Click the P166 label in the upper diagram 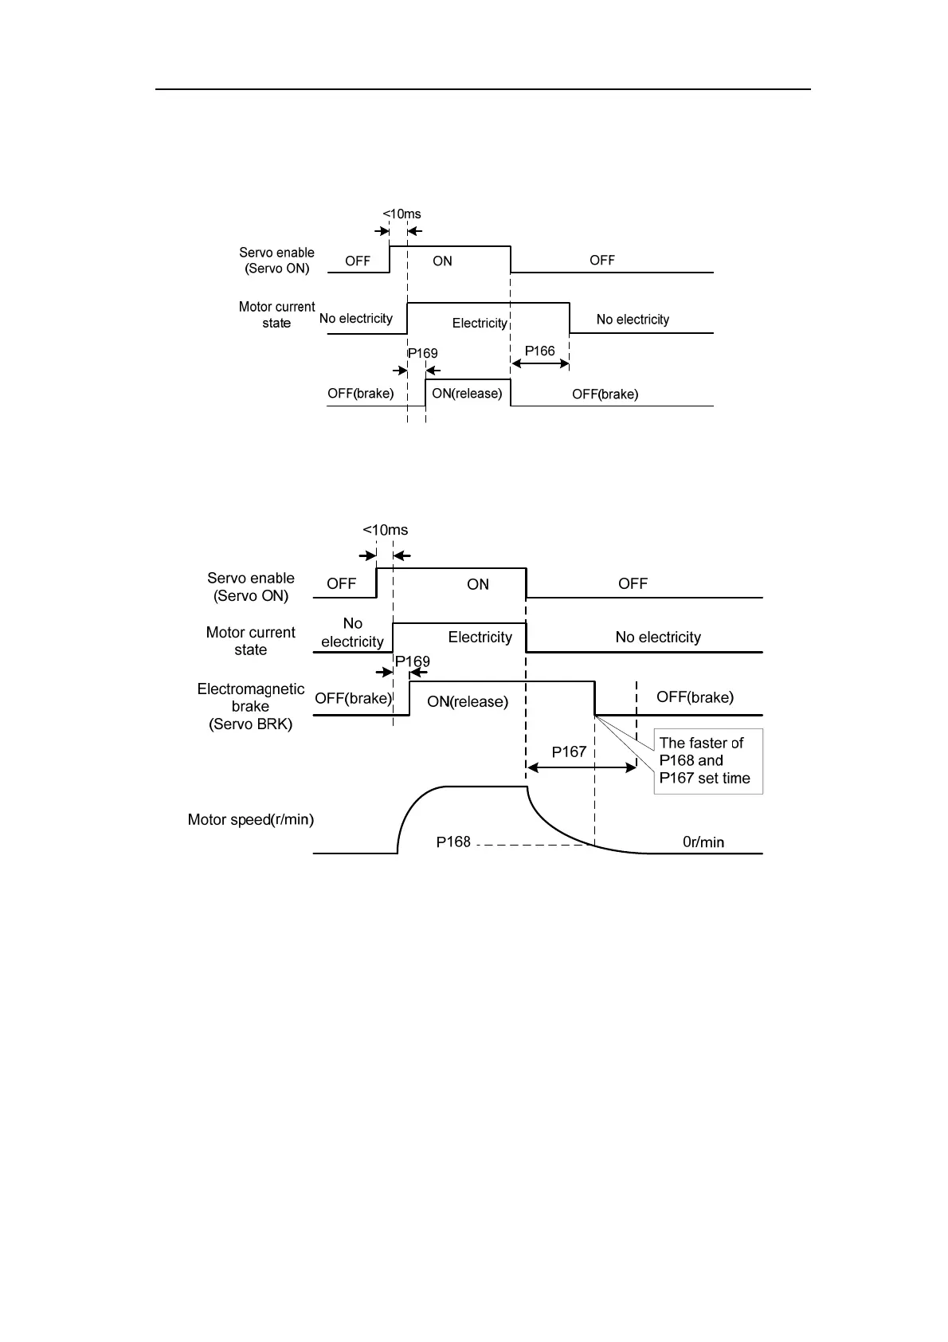[539, 351]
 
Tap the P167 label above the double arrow [569, 751]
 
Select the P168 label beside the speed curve [453, 842]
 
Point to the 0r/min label [703, 842]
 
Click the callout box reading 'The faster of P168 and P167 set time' [707, 761]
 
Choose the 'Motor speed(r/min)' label [250, 819]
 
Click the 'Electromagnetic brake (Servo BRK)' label [250, 706]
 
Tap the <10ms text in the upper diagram [402, 214]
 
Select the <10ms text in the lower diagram [385, 530]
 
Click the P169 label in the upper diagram [422, 353]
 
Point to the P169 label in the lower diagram [412, 661]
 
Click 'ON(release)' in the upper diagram [467, 394]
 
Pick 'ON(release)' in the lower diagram [468, 701]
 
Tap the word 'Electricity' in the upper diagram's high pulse [480, 323]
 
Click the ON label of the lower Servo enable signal [478, 584]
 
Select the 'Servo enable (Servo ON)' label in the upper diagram [276, 261]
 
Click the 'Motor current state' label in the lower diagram [250, 641]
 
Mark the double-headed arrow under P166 [540, 363]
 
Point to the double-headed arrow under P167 [582, 767]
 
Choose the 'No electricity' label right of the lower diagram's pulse [658, 637]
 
